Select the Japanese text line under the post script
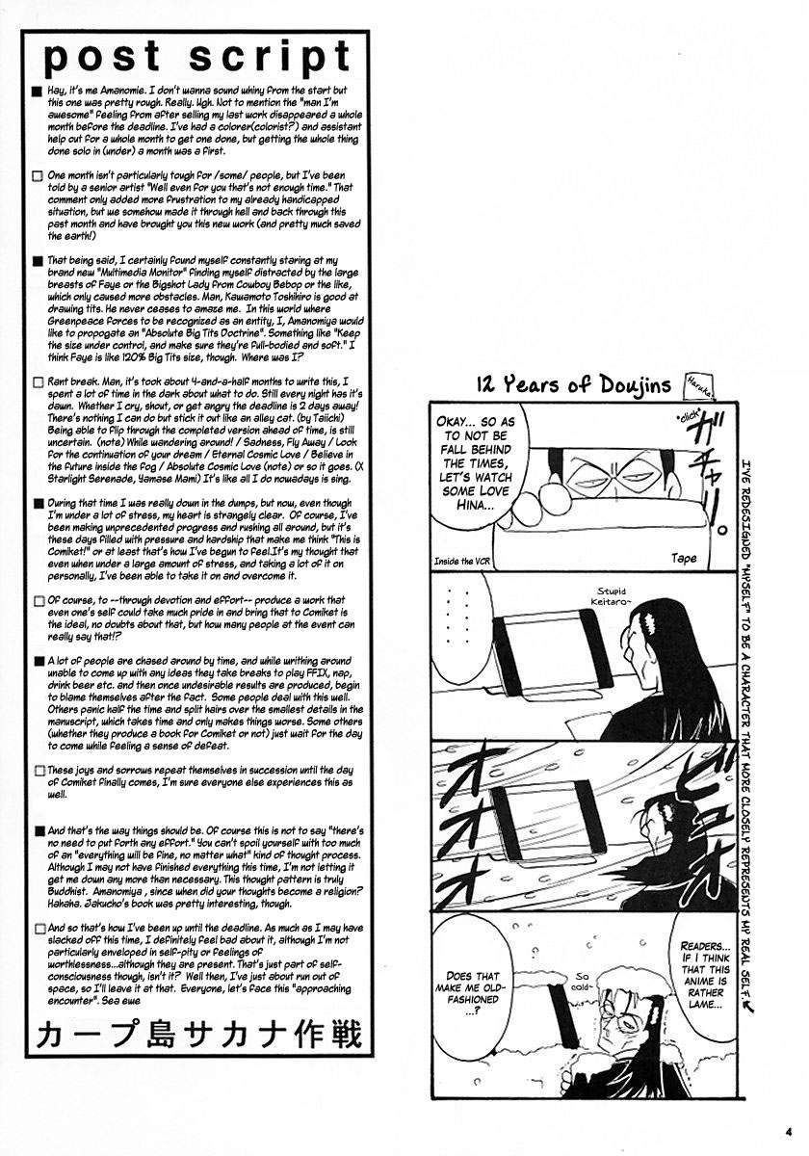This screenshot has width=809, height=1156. click(x=198, y=1035)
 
